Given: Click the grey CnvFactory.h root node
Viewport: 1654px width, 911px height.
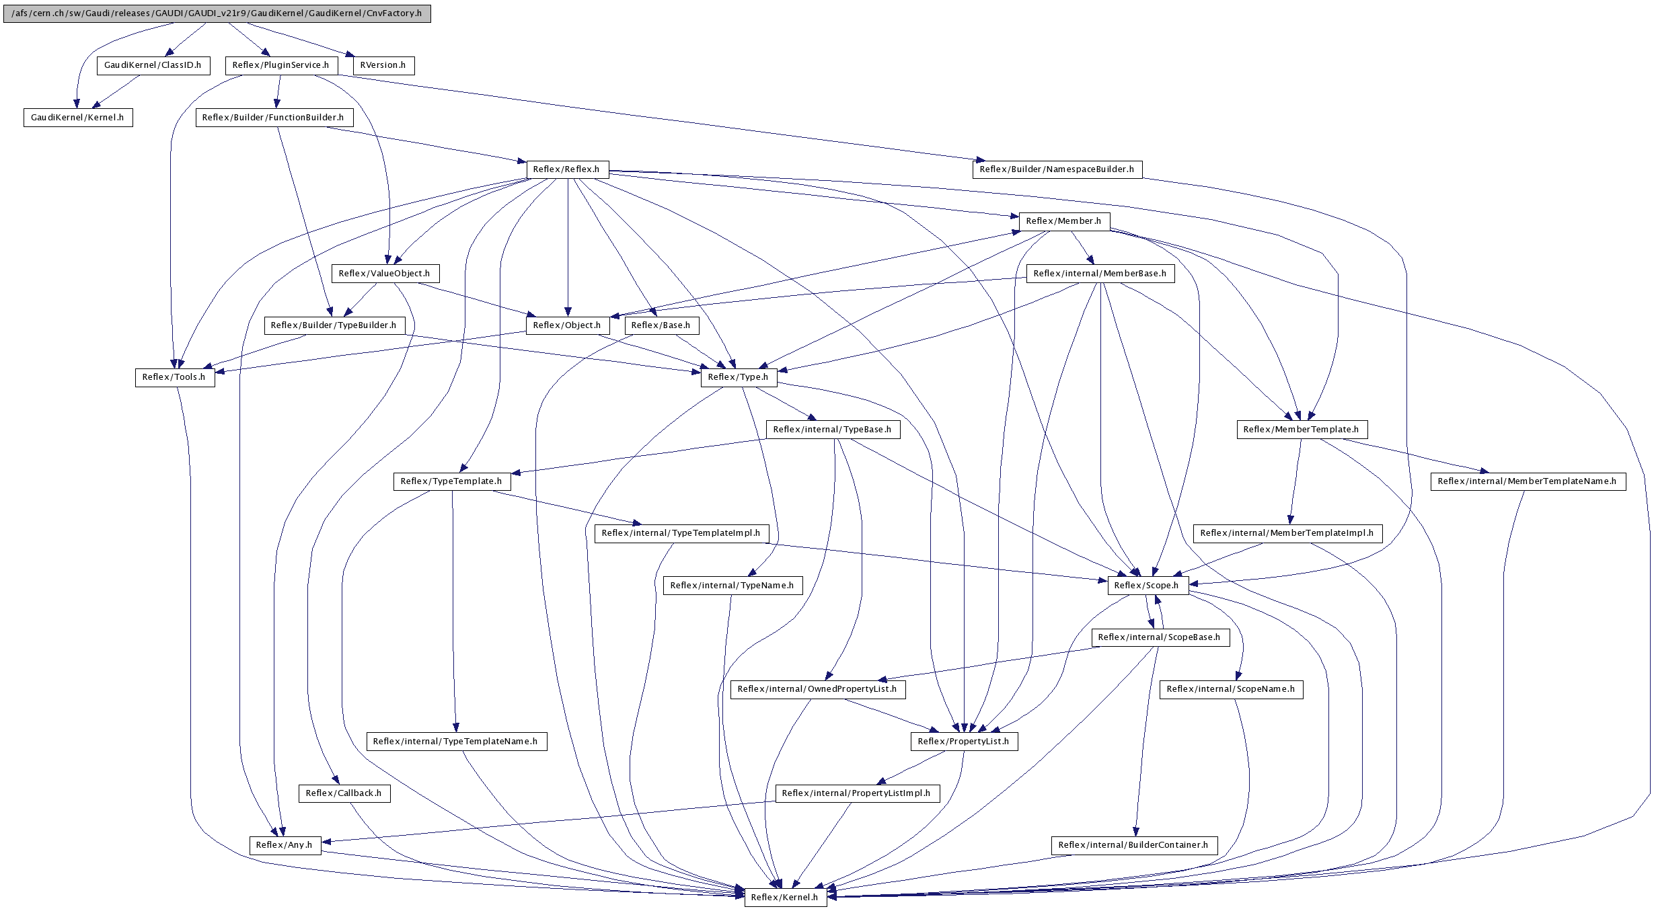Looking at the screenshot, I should tap(217, 13).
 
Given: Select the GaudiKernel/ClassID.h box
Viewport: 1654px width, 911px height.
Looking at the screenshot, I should tap(153, 65).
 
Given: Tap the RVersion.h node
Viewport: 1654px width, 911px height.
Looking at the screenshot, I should tap(383, 65).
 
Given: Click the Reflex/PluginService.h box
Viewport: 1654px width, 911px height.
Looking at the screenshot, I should tap(280, 65).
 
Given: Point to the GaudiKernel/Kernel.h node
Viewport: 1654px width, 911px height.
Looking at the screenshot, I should tap(77, 118).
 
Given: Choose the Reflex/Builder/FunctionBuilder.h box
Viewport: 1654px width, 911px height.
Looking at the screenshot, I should tap(273, 118).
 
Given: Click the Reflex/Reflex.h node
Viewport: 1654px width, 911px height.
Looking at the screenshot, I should tap(566, 169).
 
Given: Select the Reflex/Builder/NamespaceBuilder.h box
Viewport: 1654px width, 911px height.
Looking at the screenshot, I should tap(1057, 169).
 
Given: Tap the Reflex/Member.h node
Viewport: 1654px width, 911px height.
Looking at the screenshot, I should tap(1063, 221).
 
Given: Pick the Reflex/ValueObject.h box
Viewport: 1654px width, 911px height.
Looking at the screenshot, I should tap(384, 274).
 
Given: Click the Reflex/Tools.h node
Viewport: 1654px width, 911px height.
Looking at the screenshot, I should tap(174, 377).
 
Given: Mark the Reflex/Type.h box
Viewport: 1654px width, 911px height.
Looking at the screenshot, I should tap(738, 377).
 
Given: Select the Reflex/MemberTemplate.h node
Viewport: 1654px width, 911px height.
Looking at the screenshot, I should tap(1301, 430).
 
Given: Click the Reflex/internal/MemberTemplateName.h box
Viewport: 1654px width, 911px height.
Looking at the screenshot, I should tap(1527, 481).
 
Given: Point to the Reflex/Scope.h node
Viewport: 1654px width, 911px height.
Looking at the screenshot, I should tap(1146, 586).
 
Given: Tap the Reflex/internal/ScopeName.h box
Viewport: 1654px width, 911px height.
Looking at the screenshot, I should tap(1230, 689).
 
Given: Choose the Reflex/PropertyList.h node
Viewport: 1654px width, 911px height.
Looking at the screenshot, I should tap(963, 742).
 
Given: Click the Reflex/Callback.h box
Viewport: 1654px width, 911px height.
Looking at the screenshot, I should tap(343, 793).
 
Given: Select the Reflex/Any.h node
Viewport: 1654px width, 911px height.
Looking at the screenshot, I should tap(284, 845).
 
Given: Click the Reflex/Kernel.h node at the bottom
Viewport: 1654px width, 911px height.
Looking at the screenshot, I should tap(784, 898).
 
